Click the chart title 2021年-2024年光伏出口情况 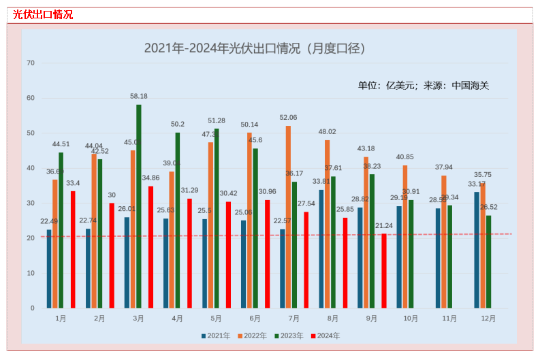click(255, 48)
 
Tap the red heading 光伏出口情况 click(43, 14)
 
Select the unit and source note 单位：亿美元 click(423, 86)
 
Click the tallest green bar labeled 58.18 click(139, 206)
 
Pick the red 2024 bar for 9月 click(384, 271)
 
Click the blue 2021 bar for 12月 click(477, 250)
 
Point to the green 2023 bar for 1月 click(61, 230)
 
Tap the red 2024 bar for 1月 click(73, 250)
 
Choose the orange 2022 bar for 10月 click(405, 237)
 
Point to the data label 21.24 click(384, 226)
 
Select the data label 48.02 click(327, 132)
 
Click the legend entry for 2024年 click(325, 336)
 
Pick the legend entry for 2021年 click(216, 336)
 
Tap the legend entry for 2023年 click(289, 336)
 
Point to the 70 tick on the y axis click(31, 63)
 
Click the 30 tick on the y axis click(31, 203)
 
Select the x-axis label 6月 click(255, 318)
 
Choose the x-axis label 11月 click(449, 318)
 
